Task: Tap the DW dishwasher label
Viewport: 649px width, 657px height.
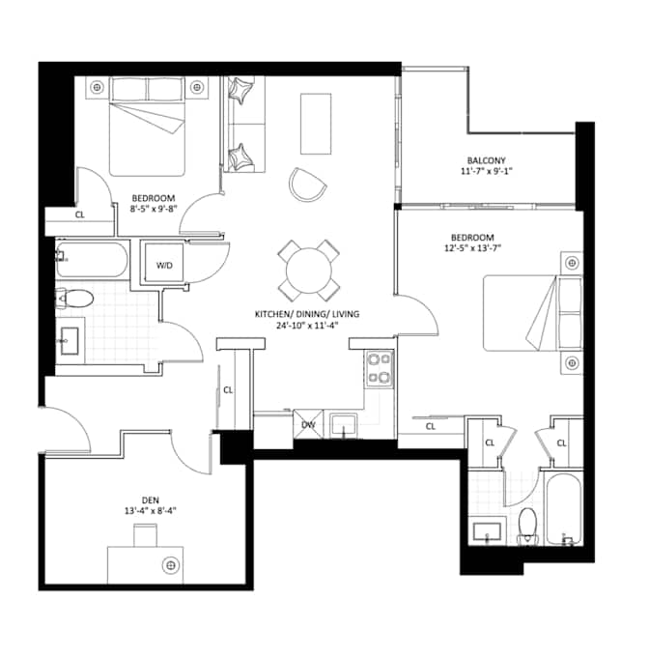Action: [x=308, y=424]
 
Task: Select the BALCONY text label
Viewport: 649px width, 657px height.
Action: [x=486, y=160]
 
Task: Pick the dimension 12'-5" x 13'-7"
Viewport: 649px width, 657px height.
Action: [x=472, y=248]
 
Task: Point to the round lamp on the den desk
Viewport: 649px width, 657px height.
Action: [x=172, y=563]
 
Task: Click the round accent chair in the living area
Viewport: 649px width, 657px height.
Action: [x=307, y=184]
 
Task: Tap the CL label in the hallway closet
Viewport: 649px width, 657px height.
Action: [x=228, y=390]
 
